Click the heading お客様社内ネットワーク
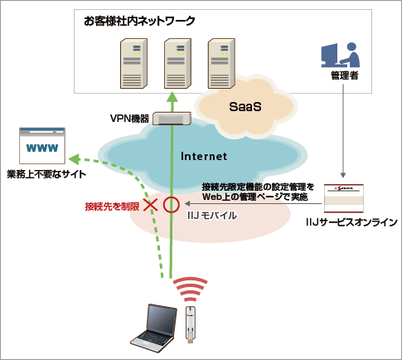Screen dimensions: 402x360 point(139,22)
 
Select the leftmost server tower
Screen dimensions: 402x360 point(133,63)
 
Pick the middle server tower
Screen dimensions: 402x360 point(177,63)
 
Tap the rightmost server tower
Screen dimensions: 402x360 point(221,63)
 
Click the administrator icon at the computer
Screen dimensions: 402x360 point(341,55)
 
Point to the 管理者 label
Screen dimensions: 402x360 point(345,75)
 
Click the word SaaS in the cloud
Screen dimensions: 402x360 point(245,107)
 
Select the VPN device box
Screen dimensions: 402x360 point(172,119)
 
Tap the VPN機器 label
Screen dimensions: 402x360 point(129,119)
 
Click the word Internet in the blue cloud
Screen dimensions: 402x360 point(204,156)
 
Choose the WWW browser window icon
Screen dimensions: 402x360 point(42,146)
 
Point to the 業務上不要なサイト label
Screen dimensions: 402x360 point(46,174)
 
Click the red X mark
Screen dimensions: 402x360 point(151,205)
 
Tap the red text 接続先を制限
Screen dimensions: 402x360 point(112,207)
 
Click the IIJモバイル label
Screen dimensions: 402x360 point(211,216)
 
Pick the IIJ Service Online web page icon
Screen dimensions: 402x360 point(344,198)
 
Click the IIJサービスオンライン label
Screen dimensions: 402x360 point(351,222)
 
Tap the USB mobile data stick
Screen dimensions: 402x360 point(191,324)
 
